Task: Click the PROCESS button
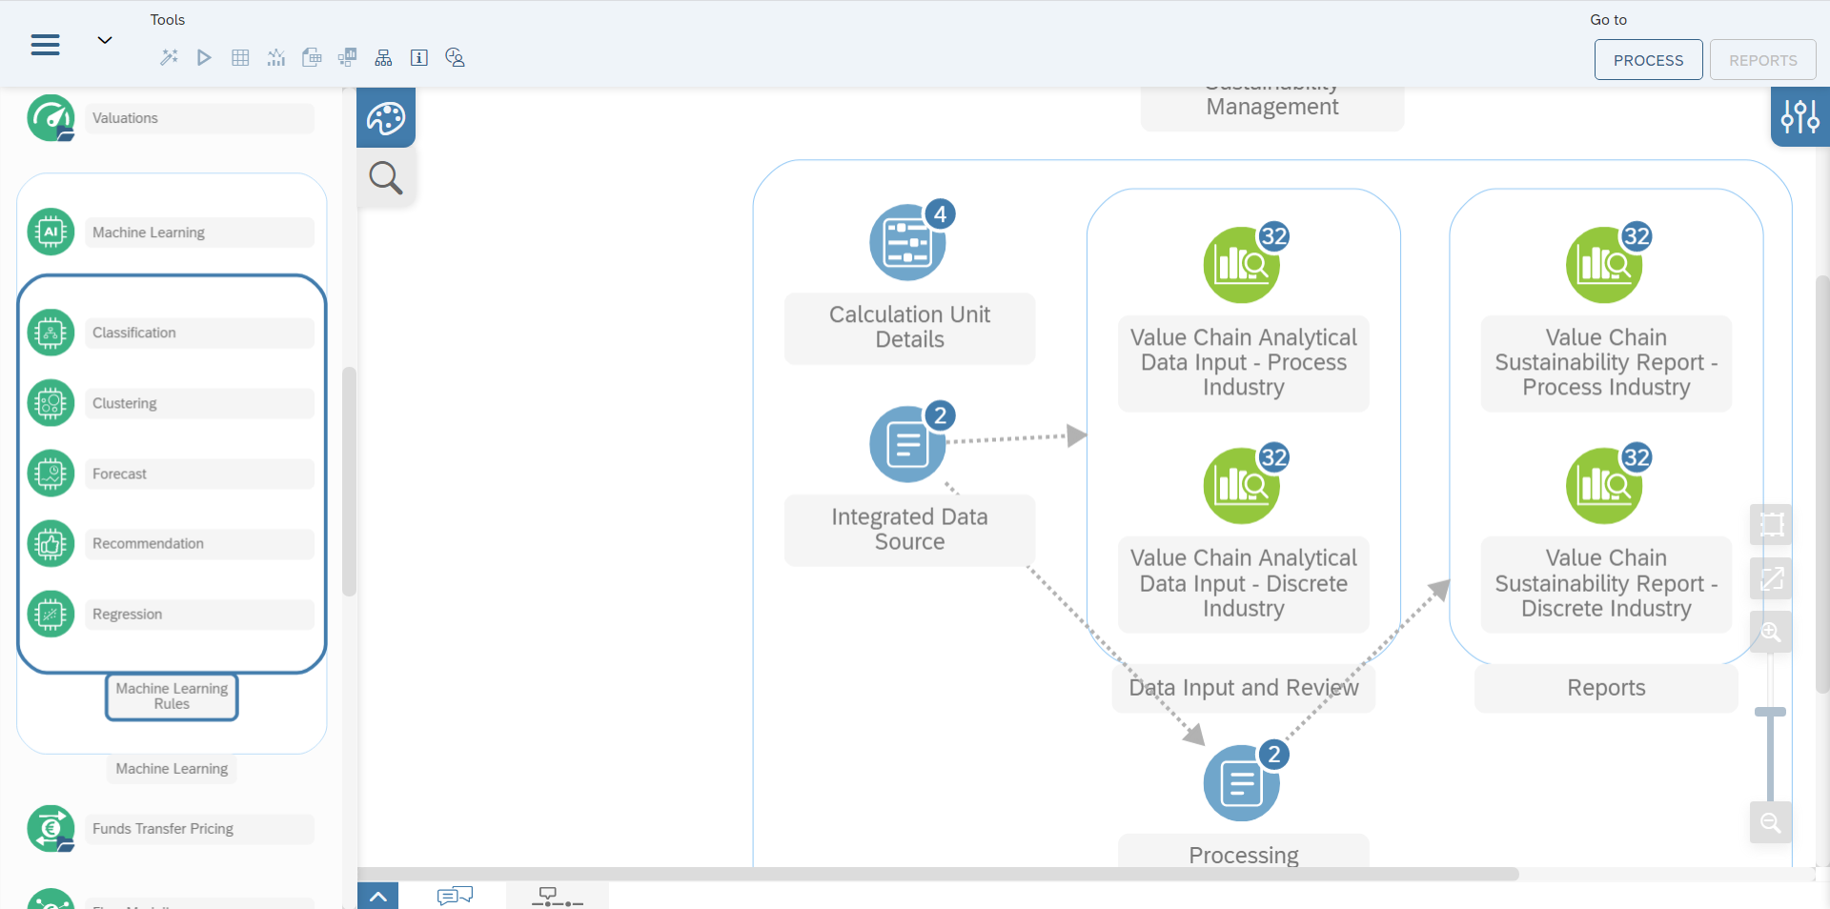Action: (x=1648, y=60)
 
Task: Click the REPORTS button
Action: (x=1762, y=60)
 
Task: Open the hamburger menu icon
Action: (x=45, y=45)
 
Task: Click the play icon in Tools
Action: (x=204, y=58)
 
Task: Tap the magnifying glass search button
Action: (x=386, y=177)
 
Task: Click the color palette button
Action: (x=386, y=118)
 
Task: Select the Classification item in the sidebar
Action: (x=134, y=333)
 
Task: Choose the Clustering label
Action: (x=125, y=403)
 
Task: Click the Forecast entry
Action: (x=120, y=474)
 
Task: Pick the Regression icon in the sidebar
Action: (x=51, y=615)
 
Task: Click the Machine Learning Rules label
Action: (x=172, y=697)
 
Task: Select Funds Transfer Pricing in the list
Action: (x=163, y=829)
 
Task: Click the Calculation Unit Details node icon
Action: (x=906, y=244)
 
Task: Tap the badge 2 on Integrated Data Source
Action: (x=940, y=415)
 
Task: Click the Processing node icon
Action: (x=1240, y=784)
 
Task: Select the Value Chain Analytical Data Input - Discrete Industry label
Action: (x=1243, y=583)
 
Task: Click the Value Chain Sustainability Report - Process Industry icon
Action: (x=1603, y=266)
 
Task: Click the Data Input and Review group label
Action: (x=1243, y=688)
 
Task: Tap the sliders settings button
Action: (x=1799, y=117)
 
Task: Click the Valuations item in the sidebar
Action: (x=126, y=118)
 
